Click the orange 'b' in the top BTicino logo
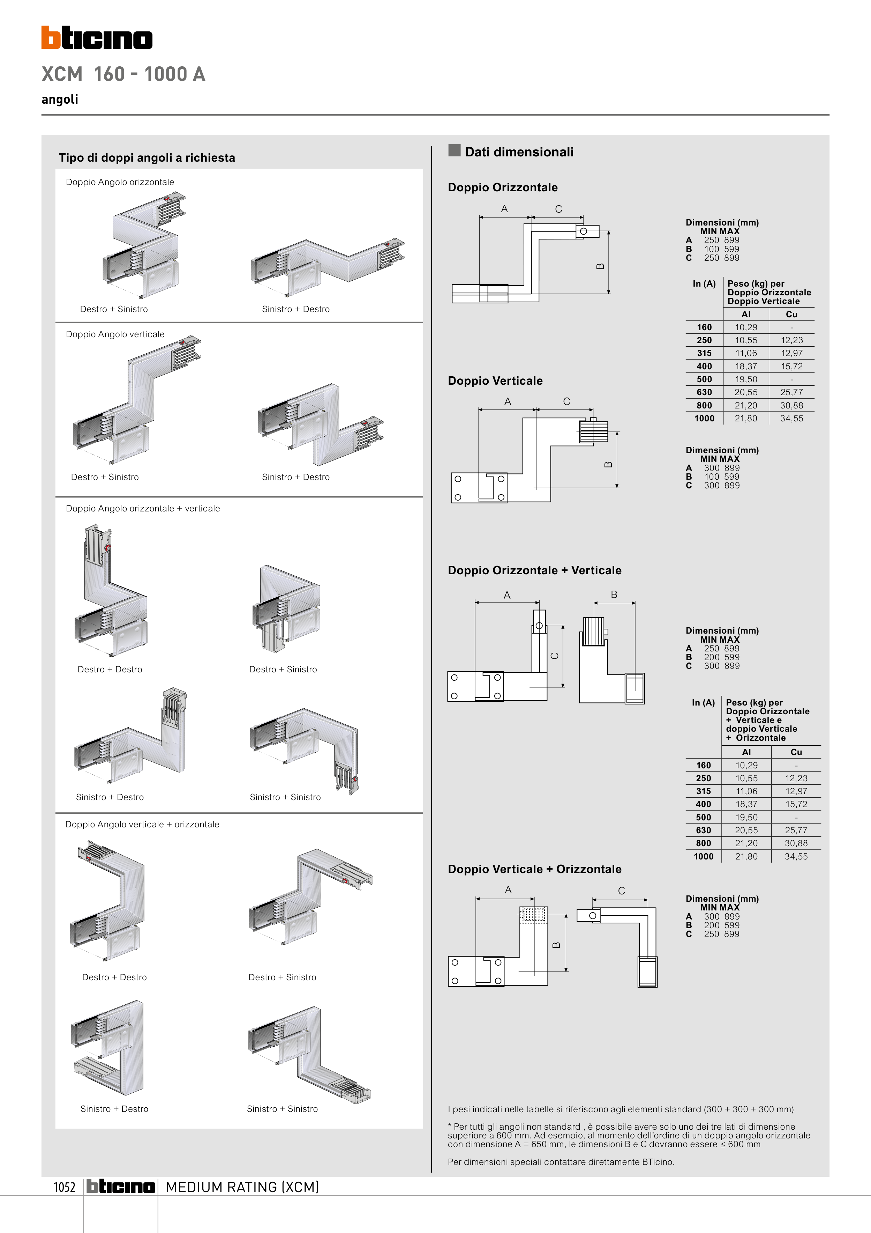pyautogui.click(x=51, y=38)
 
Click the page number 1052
pyautogui.click(x=65, y=1187)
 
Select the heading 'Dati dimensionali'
pyautogui.click(x=519, y=152)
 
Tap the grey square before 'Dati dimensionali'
pyautogui.click(x=455, y=150)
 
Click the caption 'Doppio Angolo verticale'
pyautogui.click(x=115, y=334)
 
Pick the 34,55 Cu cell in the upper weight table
pyautogui.click(x=791, y=418)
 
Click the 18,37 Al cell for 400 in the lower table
pyautogui.click(x=746, y=804)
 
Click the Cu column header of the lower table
pyautogui.click(x=796, y=752)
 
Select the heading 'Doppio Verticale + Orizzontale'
pyautogui.click(x=534, y=869)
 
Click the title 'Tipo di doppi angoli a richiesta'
pyautogui.click(x=147, y=158)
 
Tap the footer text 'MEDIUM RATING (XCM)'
pyautogui.click(x=242, y=1187)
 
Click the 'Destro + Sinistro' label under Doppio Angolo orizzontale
pyautogui.click(x=114, y=309)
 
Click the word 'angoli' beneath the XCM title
pyautogui.click(x=60, y=99)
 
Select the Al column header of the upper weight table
pyautogui.click(x=746, y=315)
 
